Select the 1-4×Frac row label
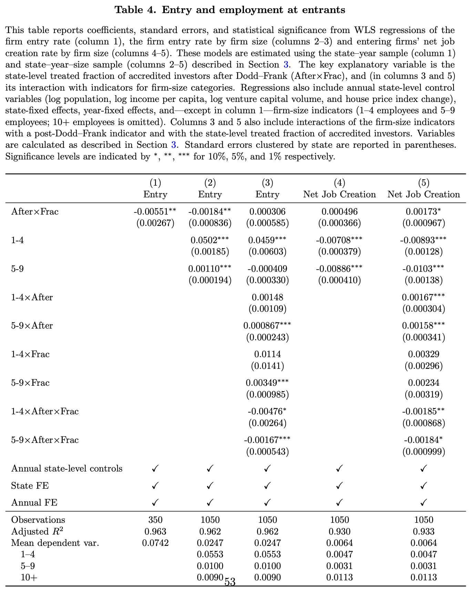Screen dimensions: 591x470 pos(30,354)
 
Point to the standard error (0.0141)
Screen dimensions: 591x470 pos(267,366)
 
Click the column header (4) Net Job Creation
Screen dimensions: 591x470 pos(339,189)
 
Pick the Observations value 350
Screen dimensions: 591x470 pos(155,520)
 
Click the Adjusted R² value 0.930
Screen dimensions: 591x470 pos(339,531)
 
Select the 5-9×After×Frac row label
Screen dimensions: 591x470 pos(45,440)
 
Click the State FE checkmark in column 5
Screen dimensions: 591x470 pos(423,486)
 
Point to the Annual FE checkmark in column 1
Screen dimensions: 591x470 pos(155,503)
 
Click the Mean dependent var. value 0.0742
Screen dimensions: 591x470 pos(155,543)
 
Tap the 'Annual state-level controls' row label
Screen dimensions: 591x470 pos(67,469)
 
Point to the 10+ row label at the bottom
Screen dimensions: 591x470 pos(29,578)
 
